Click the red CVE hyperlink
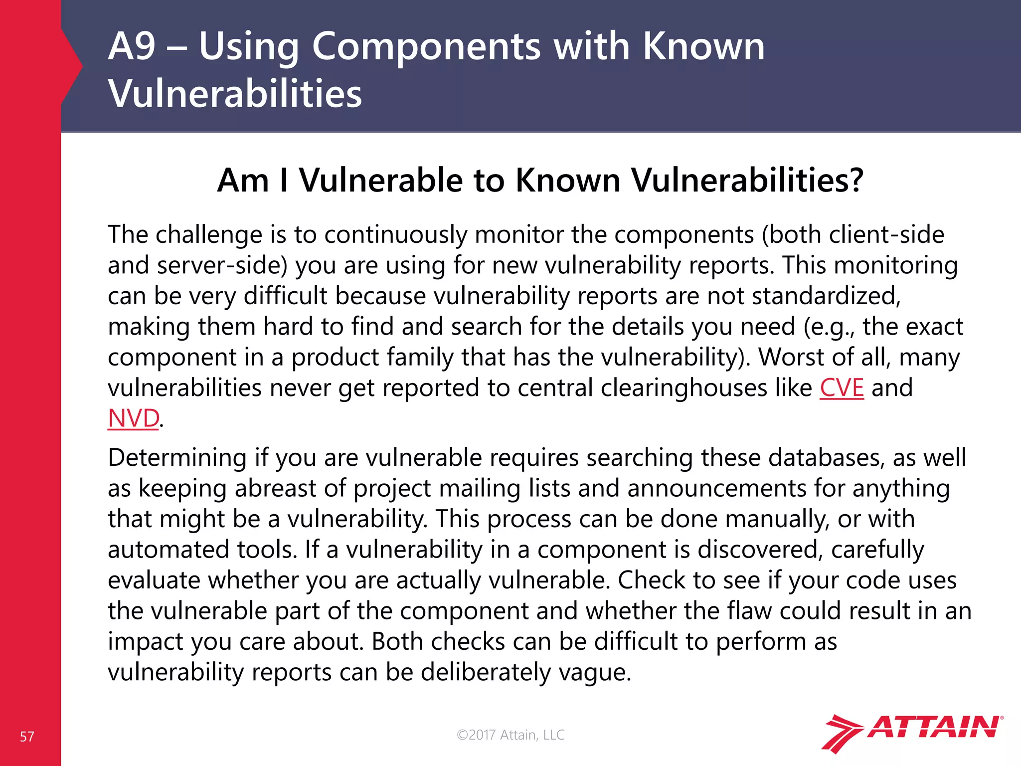pyautogui.click(x=842, y=388)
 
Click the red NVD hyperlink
pyautogui.click(x=134, y=418)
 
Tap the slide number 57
pyautogui.click(x=27, y=737)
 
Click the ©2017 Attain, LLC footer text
pyautogui.click(x=510, y=735)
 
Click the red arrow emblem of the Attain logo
pyautogui.click(x=842, y=733)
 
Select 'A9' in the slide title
pyautogui.click(x=132, y=46)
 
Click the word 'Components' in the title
pyautogui.click(x=426, y=46)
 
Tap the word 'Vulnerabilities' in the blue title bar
pyautogui.click(x=235, y=94)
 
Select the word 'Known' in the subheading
pyautogui.click(x=567, y=180)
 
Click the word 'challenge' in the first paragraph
pyautogui.click(x=209, y=235)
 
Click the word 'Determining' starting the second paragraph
pyautogui.click(x=177, y=458)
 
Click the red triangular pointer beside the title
pyautogui.click(x=72, y=66)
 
